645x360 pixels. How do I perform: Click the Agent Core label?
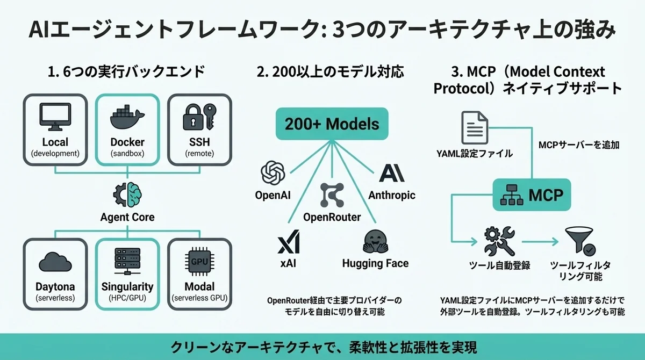127,217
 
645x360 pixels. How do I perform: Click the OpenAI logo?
272,173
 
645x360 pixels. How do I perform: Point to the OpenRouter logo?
331,195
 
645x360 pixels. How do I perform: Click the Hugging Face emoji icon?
375,242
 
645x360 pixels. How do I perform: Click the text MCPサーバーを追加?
578,145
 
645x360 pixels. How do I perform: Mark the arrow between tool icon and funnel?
539,242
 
